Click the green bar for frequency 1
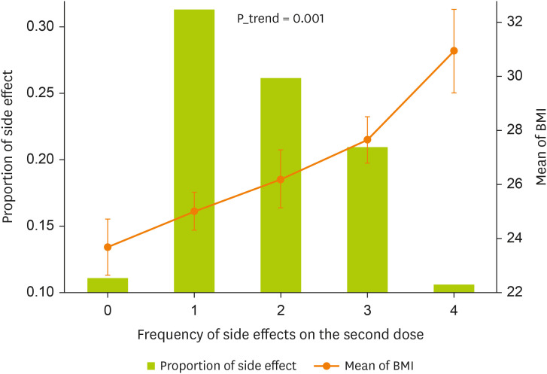(x=194, y=151)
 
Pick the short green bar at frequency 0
(x=108, y=285)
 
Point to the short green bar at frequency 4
(x=454, y=288)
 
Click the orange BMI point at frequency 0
(x=108, y=247)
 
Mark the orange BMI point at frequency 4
(x=454, y=50)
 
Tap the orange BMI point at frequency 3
(x=367, y=139)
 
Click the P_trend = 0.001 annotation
(x=281, y=19)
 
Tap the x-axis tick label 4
(x=454, y=310)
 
